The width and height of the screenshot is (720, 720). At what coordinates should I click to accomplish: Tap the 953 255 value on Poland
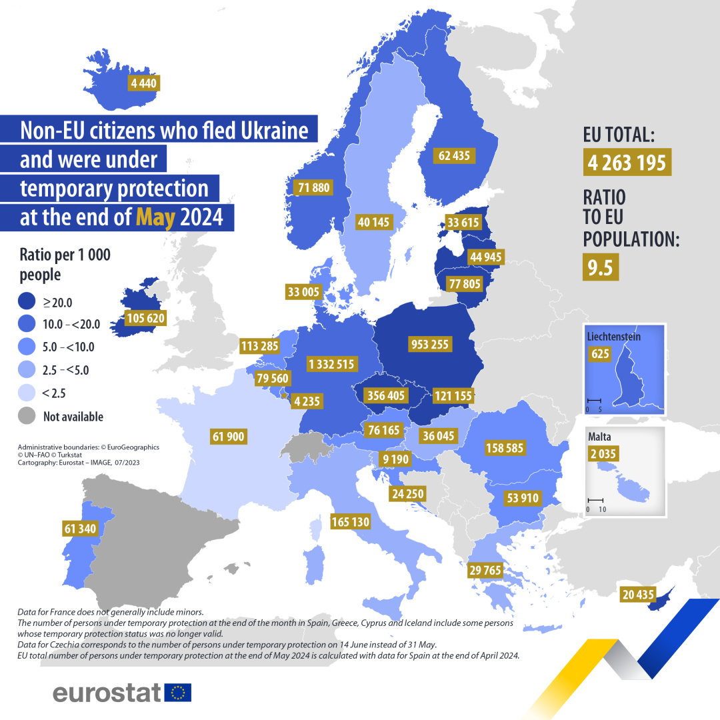(x=429, y=345)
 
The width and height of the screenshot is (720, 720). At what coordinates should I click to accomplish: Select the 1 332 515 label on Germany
(x=332, y=364)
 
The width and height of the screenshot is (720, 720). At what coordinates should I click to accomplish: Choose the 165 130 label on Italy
(x=350, y=522)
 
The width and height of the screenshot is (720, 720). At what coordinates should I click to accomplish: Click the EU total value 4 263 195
(x=627, y=162)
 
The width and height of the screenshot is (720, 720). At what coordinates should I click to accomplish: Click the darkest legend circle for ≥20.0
(x=28, y=302)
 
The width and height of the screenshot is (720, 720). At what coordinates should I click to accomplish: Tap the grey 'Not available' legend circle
(x=28, y=416)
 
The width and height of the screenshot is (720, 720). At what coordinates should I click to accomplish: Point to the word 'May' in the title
(x=155, y=217)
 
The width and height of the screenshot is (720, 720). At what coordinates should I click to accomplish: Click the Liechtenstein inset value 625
(x=601, y=353)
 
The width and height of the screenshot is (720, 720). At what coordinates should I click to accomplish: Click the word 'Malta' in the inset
(x=600, y=438)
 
